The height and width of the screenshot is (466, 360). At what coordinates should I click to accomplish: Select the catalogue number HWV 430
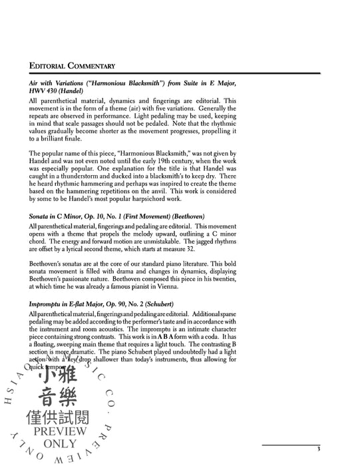pos(43,91)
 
